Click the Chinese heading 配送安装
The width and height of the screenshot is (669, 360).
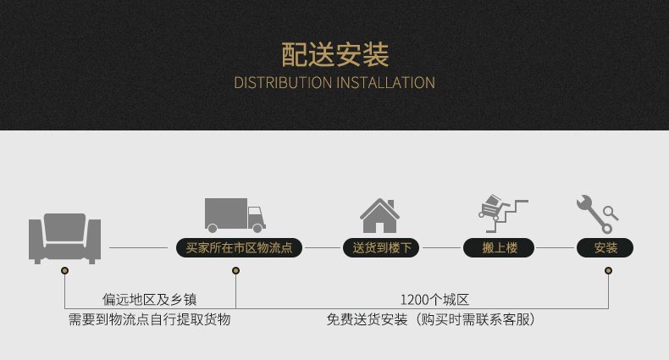334,55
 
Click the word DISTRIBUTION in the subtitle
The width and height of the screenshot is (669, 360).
283,83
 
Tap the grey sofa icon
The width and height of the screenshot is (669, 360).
64,237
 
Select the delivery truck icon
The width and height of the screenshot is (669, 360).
235,215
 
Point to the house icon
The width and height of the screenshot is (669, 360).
379,215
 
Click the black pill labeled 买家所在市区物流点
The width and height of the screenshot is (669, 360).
239,248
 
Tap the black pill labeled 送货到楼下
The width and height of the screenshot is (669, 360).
382,248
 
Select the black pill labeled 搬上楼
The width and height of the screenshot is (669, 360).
500,248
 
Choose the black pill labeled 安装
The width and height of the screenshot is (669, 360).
605,248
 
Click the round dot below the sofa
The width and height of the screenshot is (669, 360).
64,271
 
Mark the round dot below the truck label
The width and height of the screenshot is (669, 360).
235,271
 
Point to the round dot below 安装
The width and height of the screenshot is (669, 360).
608,271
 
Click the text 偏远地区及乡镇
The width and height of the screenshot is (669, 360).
150,299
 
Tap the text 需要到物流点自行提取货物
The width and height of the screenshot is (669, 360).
150,319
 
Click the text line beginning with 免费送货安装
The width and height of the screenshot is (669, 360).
432,319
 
